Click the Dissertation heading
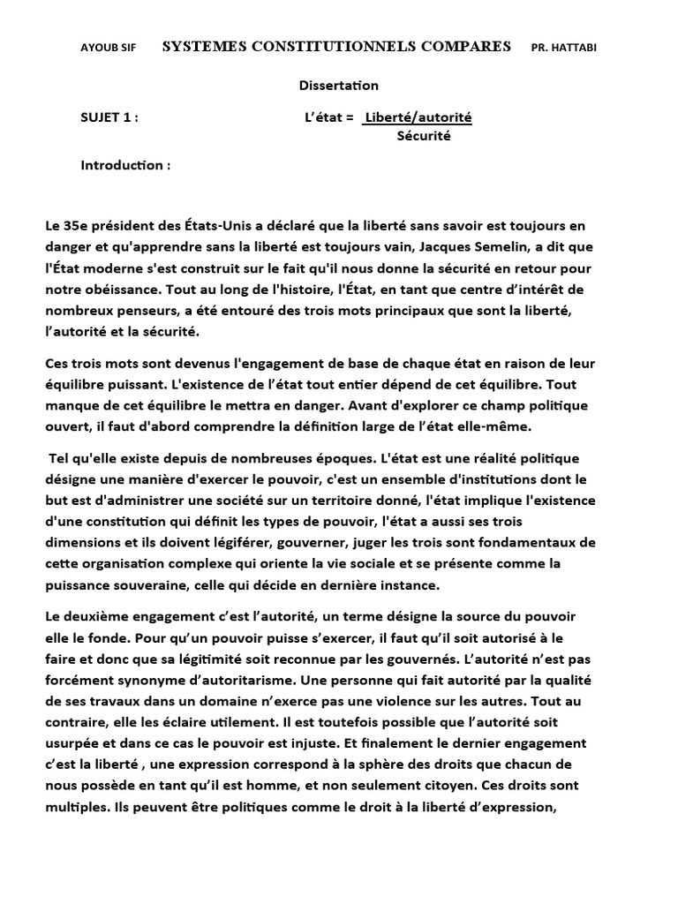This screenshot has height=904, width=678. [338, 86]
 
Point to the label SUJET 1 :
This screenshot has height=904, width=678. [109, 117]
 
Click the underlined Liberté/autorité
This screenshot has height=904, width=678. [418, 117]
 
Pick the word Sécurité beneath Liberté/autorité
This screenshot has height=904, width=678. [424, 136]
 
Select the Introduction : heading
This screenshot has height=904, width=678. [125, 165]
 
